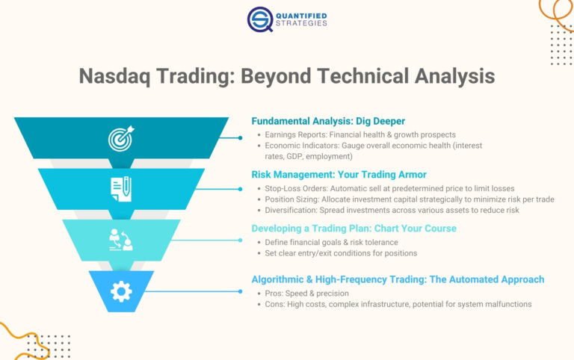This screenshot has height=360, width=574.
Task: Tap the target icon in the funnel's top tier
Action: point(120,138)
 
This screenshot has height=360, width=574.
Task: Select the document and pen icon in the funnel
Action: point(121,188)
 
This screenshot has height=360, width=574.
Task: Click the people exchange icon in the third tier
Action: point(121,239)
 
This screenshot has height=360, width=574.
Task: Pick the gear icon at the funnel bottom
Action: point(121,291)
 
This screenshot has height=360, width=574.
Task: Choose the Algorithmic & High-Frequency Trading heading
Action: point(398,279)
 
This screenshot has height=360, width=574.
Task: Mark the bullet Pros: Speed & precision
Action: point(307,294)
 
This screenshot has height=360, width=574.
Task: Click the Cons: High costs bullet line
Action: point(398,305)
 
